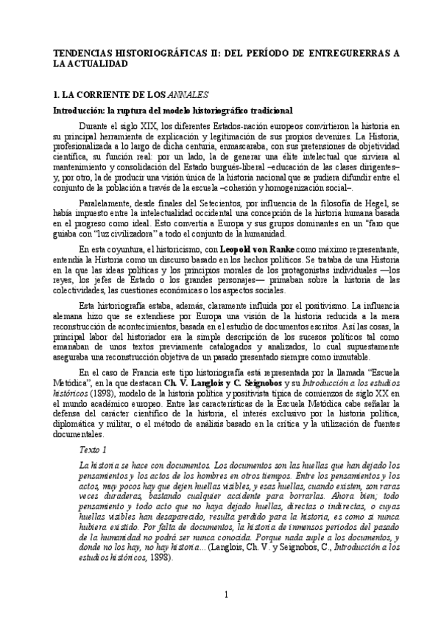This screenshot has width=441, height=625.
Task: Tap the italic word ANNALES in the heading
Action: pyautogui.click(x=189, y=95)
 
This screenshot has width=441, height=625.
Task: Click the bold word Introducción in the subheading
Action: pyautogui.click(x=76, y=110)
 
